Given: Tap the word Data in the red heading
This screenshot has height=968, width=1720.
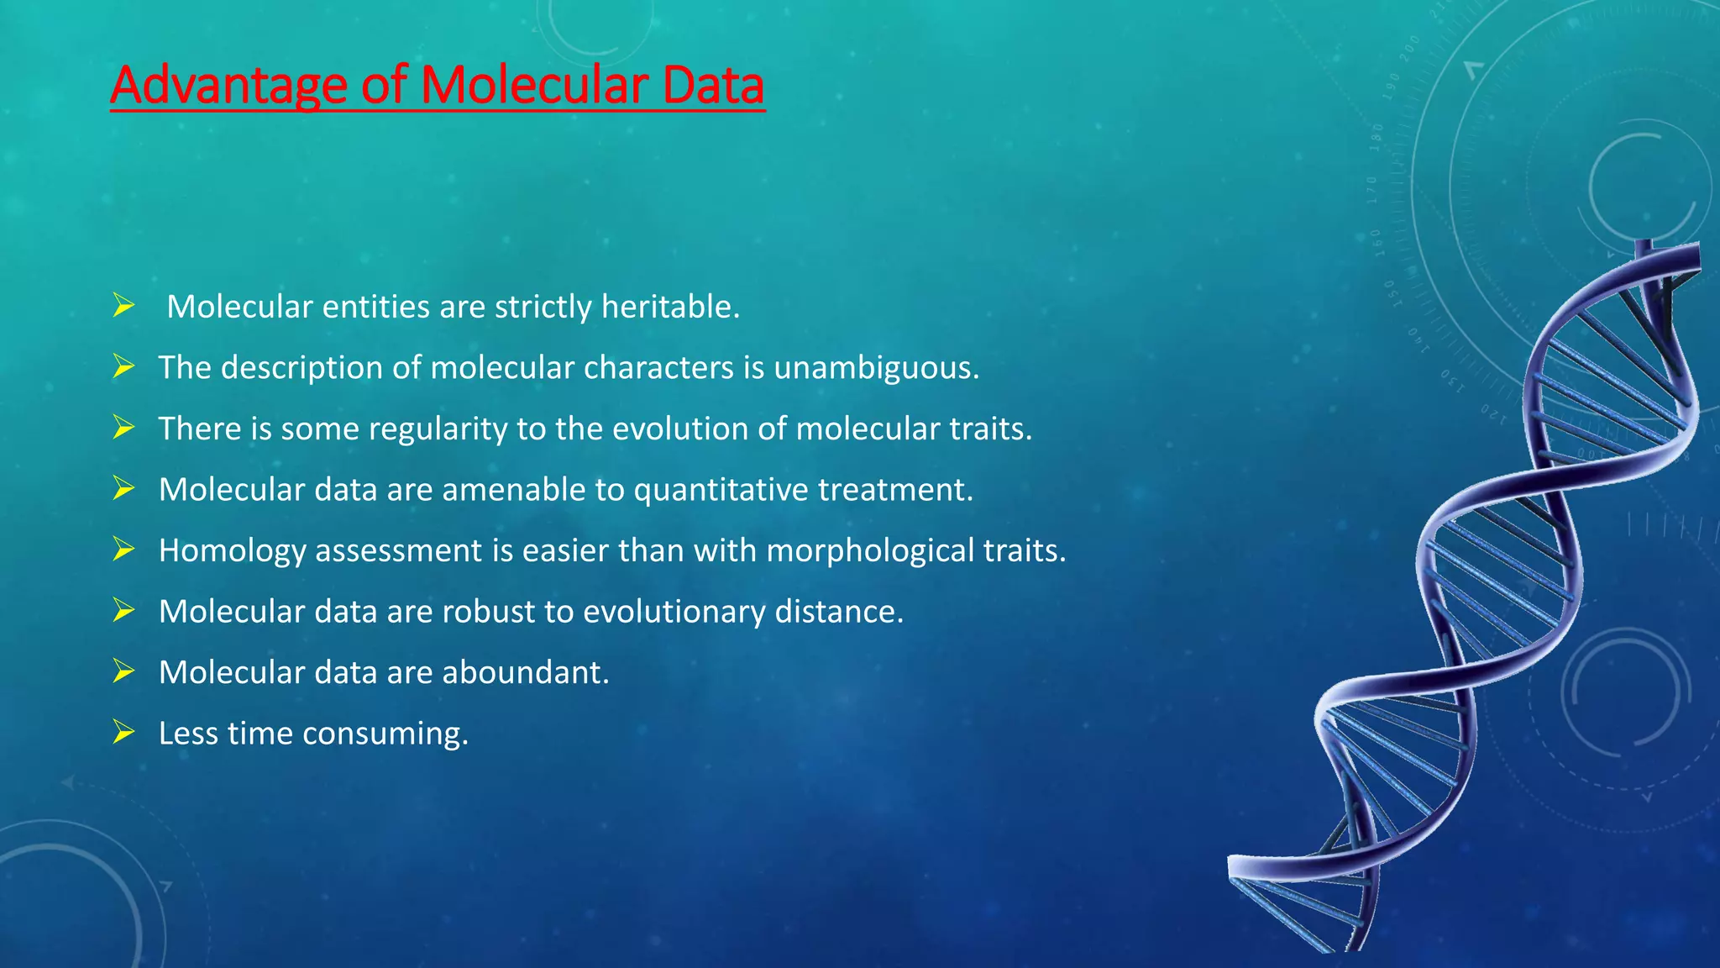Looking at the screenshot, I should coord(713,86).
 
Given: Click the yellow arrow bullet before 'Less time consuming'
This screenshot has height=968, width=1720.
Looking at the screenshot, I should coord(123,733).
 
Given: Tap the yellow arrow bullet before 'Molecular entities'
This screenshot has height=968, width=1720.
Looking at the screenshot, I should coord(123,306).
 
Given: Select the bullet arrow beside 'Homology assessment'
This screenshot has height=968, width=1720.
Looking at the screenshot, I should coord(123,550).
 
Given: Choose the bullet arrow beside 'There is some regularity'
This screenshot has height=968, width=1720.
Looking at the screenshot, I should coord(123,428).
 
